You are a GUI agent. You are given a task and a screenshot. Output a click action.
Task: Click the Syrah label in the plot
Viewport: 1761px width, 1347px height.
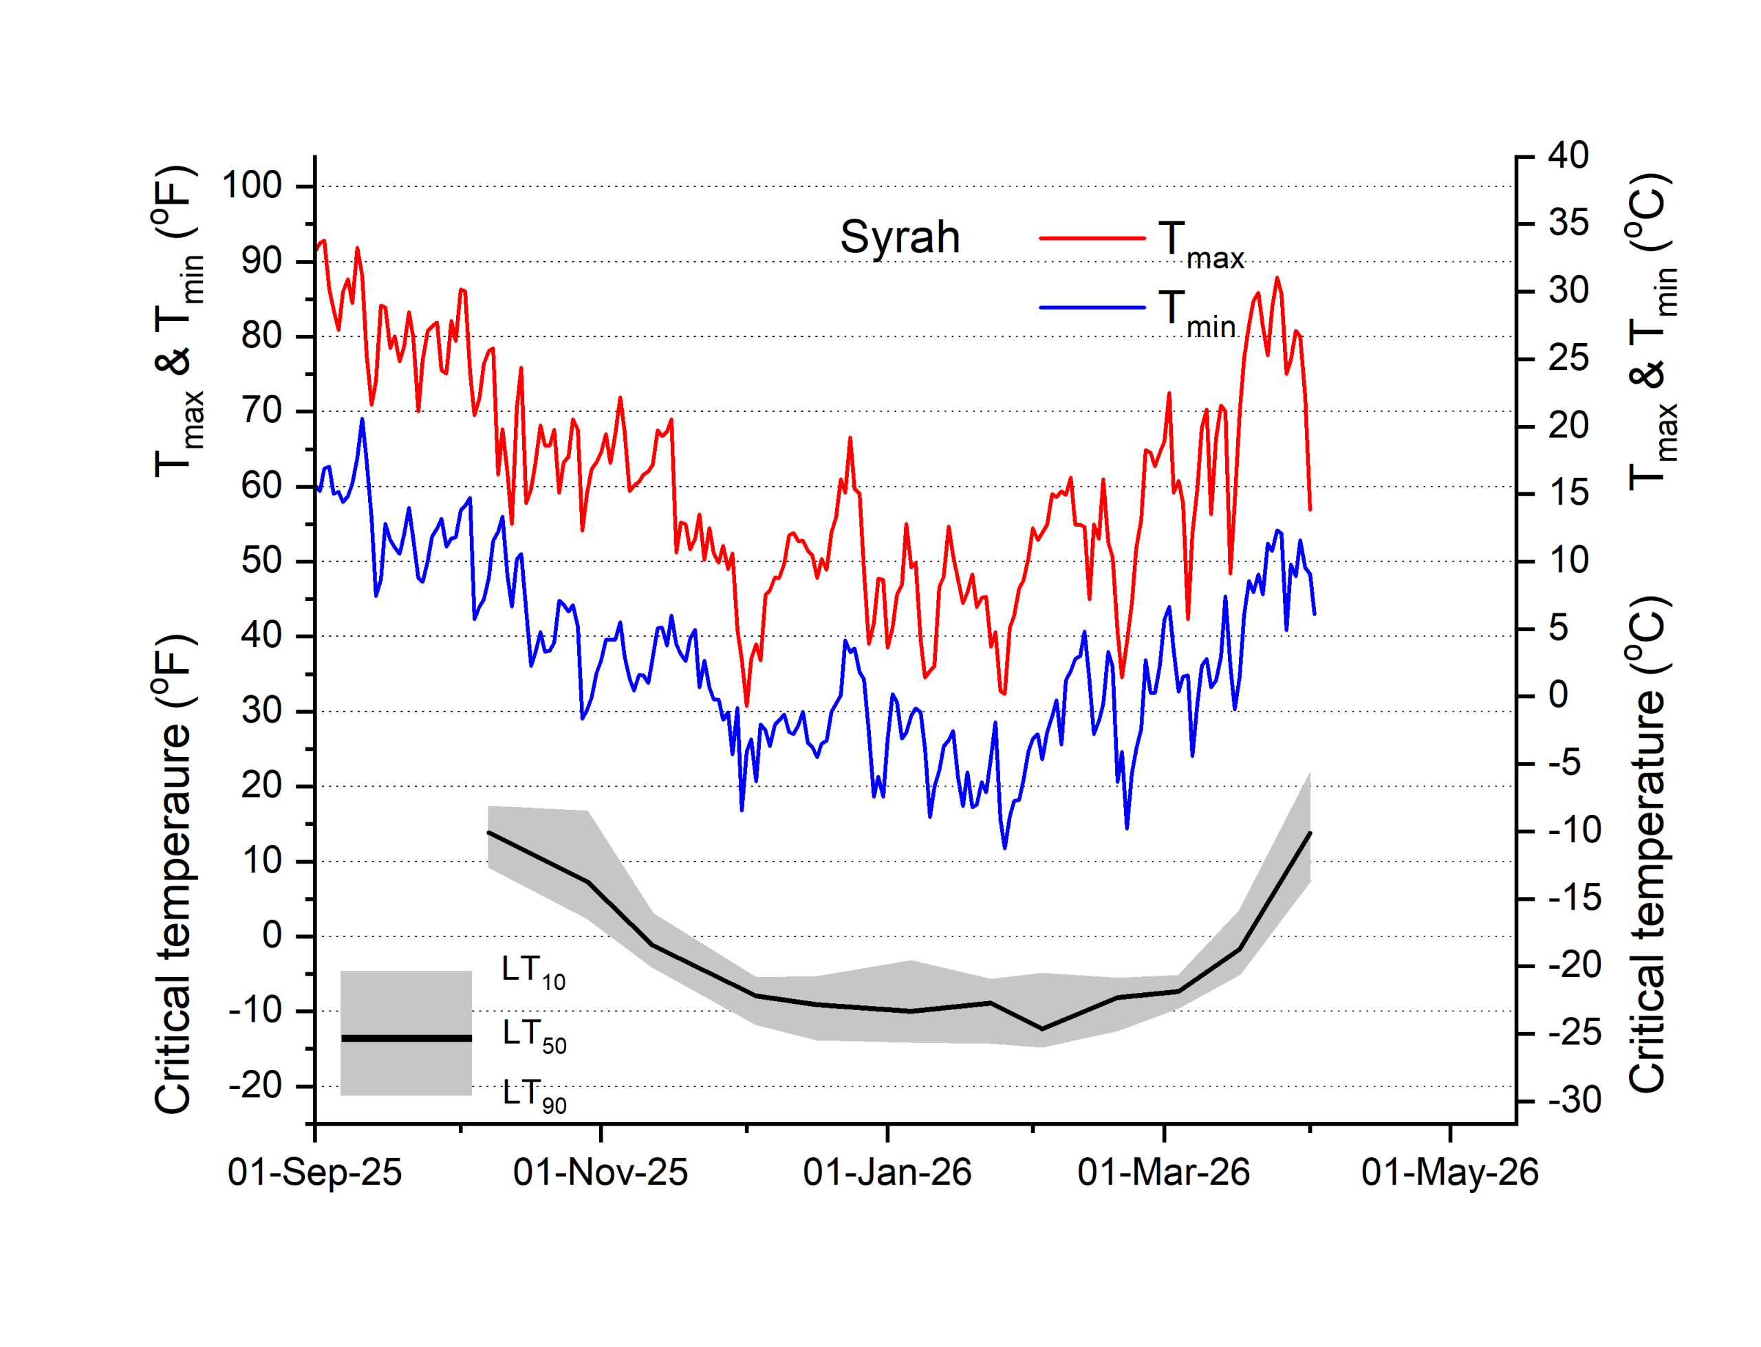[x=899, y=237]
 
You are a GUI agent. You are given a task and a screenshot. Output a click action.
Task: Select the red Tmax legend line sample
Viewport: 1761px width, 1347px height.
[x=1092, y=238]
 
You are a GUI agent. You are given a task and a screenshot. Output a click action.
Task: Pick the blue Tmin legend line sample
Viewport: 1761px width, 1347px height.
[x=1092, y=307]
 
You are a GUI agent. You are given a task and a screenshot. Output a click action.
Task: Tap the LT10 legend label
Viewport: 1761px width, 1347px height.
[x=533, y=971]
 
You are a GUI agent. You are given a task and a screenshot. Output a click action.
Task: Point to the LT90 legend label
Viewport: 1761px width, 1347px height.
[x=533, y=1095]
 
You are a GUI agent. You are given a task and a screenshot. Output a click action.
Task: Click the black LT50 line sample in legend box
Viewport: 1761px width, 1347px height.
[x=406, y=1038]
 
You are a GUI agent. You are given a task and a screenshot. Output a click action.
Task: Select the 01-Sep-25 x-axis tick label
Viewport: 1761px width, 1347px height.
[x=314, y=1172]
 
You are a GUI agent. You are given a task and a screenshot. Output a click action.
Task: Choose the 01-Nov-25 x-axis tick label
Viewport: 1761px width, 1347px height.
[x=600, y=1172]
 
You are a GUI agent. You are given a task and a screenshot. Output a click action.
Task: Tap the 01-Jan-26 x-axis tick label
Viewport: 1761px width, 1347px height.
[x=887, y=1172]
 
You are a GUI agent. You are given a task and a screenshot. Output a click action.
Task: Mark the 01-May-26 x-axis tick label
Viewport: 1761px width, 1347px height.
[x=1449, y=1172]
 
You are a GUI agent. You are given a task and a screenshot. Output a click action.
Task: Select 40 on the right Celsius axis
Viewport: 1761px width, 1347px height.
[x=1568, y=155]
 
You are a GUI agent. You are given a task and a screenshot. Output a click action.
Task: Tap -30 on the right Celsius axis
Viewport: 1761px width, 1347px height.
[x=1574, y=1100]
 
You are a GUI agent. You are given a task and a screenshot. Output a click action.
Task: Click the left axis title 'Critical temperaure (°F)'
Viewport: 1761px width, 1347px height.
[x=173, y=874]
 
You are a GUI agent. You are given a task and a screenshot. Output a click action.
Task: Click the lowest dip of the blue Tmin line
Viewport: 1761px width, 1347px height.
[x=1004, y=848]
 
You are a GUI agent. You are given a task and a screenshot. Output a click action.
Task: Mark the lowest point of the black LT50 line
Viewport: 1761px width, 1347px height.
[x=1041, y=1029]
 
